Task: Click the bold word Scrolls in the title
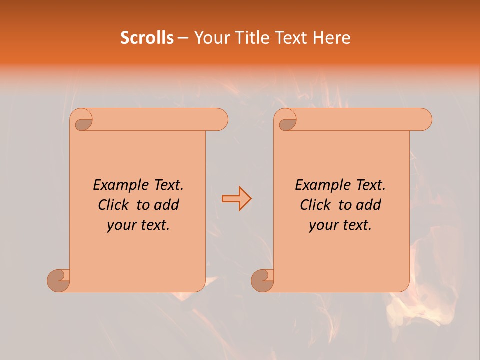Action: (147, 38)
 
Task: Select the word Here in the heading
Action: (332, 38)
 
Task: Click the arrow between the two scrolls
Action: (236, 199)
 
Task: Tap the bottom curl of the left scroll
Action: (58, 280)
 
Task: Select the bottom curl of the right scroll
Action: (262, 280)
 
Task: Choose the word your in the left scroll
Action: (121, 226)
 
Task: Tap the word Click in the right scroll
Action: (315, 205)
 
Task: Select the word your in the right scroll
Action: (323, 226)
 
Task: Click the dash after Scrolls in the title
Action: (183, 38)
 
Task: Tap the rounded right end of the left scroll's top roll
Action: (220, 119)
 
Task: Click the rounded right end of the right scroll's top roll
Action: (424, 119)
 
